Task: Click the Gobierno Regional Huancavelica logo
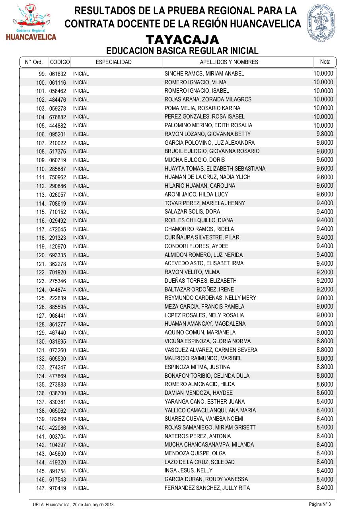[31, 23]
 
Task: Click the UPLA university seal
[321, 23]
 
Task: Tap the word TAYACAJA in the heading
[182, 40]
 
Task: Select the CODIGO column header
[60, 62]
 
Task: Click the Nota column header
[325, 62]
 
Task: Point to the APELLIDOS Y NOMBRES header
[229, 62]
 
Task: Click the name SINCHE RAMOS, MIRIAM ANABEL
[204, 74]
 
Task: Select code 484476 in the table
[58, 100]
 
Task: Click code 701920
[58, 272]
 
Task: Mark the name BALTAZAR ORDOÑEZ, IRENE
[199, 289]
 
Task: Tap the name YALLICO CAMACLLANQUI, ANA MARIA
[210, 410]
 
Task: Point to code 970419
[58, 488]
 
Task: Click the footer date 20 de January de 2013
[93, 504]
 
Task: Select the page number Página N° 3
[320, 504]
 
